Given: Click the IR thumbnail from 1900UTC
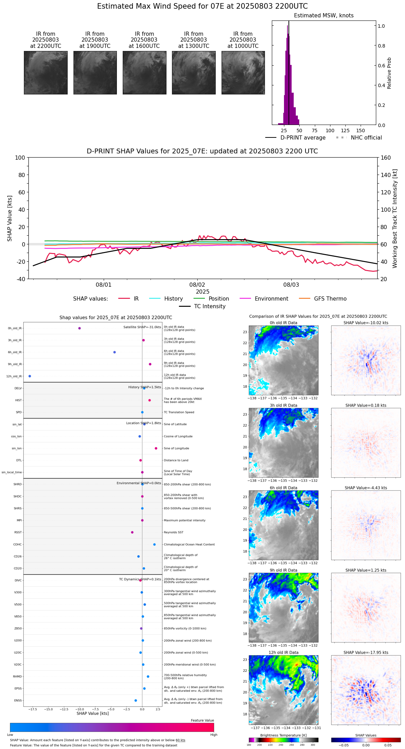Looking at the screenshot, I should (x=95, y=73).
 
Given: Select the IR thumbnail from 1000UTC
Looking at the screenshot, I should (x=243, y=73).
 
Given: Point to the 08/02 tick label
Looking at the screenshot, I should (x=197, y=285).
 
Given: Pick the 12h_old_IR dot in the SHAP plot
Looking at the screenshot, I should (x=30, y=376).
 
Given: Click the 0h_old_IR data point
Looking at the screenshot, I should (x=79, y=328).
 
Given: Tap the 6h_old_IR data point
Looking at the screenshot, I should (x=114, y=352).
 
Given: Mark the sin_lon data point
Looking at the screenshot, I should (x=156, y=448).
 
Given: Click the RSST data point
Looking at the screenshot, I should (x=132, y=532).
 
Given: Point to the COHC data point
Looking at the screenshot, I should (x=154, y=545).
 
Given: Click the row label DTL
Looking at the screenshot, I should (x=19, y=461).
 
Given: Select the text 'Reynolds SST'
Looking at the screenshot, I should (x=173, y=532).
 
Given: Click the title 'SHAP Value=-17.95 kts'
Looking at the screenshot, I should (x=366, y=653).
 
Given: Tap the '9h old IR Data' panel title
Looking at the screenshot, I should (x=283, y=570).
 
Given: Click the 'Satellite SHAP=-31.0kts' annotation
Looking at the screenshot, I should (x=142, y=327).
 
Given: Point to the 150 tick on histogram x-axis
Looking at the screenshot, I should (x=361, y=131).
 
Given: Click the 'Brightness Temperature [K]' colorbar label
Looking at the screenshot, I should (x=283, y=735).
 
